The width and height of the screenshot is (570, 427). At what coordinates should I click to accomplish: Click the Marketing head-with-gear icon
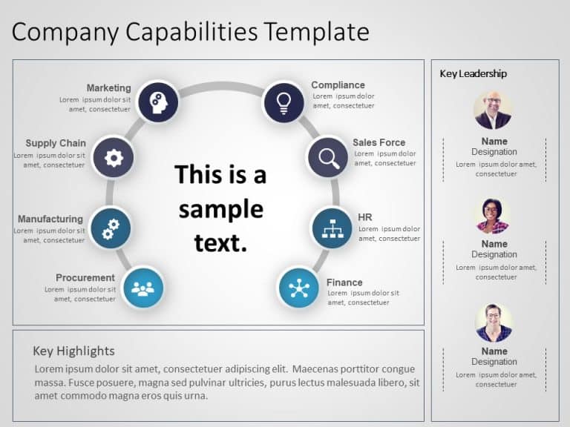[x=158, y=102]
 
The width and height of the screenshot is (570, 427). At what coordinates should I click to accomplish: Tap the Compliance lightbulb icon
[x=284, y=102]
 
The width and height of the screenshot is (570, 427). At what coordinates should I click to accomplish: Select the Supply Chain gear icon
[x=114, y=156]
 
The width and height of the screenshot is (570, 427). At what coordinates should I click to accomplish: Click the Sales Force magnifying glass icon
[x=328, y=157]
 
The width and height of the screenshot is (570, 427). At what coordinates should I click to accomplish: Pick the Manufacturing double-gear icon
[x=111, y=228]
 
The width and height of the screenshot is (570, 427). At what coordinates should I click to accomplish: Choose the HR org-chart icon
[x=331, y=228]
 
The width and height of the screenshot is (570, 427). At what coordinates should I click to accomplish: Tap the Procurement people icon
[x=142, y=287]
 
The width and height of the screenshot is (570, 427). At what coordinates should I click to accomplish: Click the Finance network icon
[x=299, y=287]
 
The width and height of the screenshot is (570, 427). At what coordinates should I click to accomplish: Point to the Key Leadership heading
[x=474, y=74]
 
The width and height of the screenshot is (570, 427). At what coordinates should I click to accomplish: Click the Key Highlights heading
[x=73, y=351]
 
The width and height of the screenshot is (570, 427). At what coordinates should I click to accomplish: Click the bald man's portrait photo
[x=492, y=110]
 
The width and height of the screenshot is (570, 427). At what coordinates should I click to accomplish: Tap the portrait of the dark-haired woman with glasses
[x=492, y=215]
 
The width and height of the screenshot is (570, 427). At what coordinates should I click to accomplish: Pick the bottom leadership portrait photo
[x=494, y=322]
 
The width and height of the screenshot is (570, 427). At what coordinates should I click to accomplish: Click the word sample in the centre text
[x=220, y=209]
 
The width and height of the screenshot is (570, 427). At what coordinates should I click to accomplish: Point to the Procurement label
[x=85, y=278]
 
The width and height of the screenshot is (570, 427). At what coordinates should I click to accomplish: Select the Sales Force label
[x=379, y=142]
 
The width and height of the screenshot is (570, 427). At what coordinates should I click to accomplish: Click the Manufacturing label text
[x=50, y=219]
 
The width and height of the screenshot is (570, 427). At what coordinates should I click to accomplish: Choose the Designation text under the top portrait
[x=494, y=152]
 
